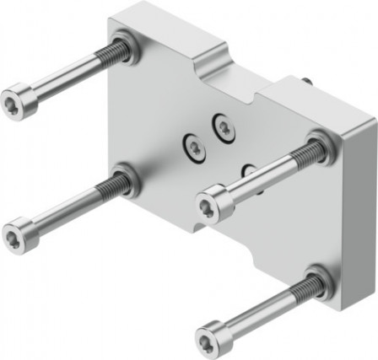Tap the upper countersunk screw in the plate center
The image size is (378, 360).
click(x=224, y=126)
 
